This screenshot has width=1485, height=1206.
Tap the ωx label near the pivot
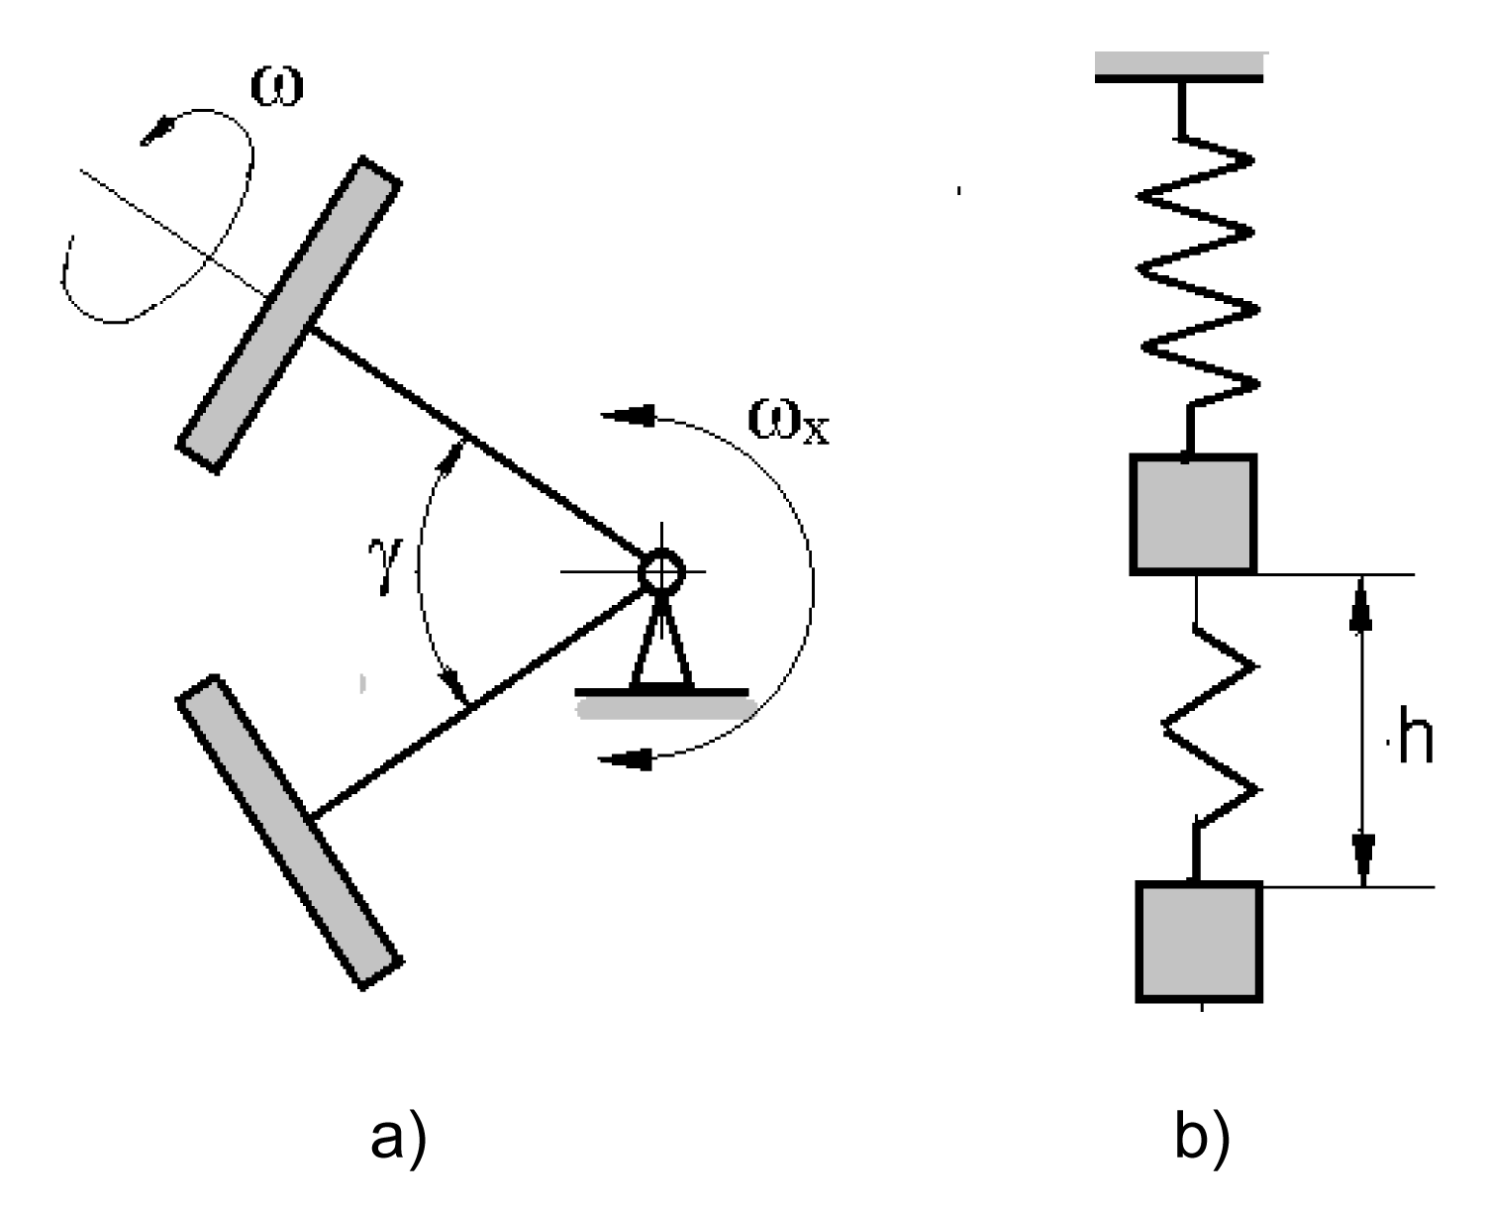click(788, 424)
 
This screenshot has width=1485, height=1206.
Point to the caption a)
click(402, 1142)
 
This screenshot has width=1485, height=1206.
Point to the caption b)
click(1202, 1142)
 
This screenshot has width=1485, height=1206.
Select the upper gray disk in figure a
click(290, 313)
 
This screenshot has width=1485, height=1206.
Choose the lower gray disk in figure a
click(290, 832)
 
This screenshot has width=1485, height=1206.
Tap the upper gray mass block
click(1193, 514)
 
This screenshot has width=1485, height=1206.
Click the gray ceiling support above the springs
click(1179, 63)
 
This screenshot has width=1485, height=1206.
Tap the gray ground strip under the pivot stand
click(665, 708)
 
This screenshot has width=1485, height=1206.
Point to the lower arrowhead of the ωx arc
click(629, 760)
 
